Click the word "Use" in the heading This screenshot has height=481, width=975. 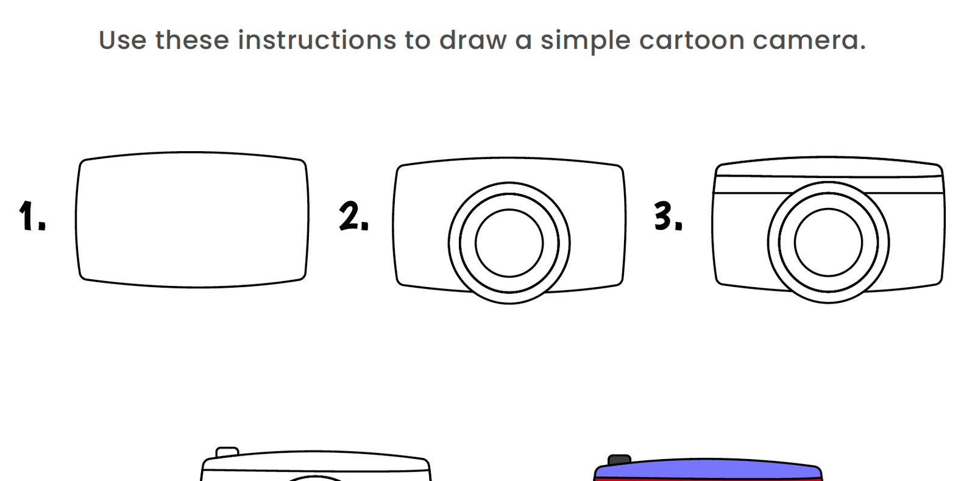(x=122, y=41)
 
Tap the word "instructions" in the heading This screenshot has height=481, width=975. (x=317, y=41)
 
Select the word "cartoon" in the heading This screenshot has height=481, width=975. (x=692, y=41)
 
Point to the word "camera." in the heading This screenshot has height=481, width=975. (x=809, y=41)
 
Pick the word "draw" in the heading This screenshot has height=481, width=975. (x=473, y=41)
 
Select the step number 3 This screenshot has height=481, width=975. (x=668, y=216)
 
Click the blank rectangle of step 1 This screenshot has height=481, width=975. (x=192, y=219)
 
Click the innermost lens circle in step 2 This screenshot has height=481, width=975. (x=509, y=243)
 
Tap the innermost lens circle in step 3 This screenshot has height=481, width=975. (x=828, y=242)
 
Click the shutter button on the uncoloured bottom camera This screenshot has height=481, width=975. (x=227, y=452)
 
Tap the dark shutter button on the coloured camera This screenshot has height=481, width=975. (x=619, y=460)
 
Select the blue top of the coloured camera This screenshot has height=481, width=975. (x=707, y=469)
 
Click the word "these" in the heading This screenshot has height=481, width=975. (x=192, y=41)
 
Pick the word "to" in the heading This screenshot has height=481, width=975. (x=417, y=41)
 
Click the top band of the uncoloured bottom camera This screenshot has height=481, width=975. (x=316, y=461)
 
